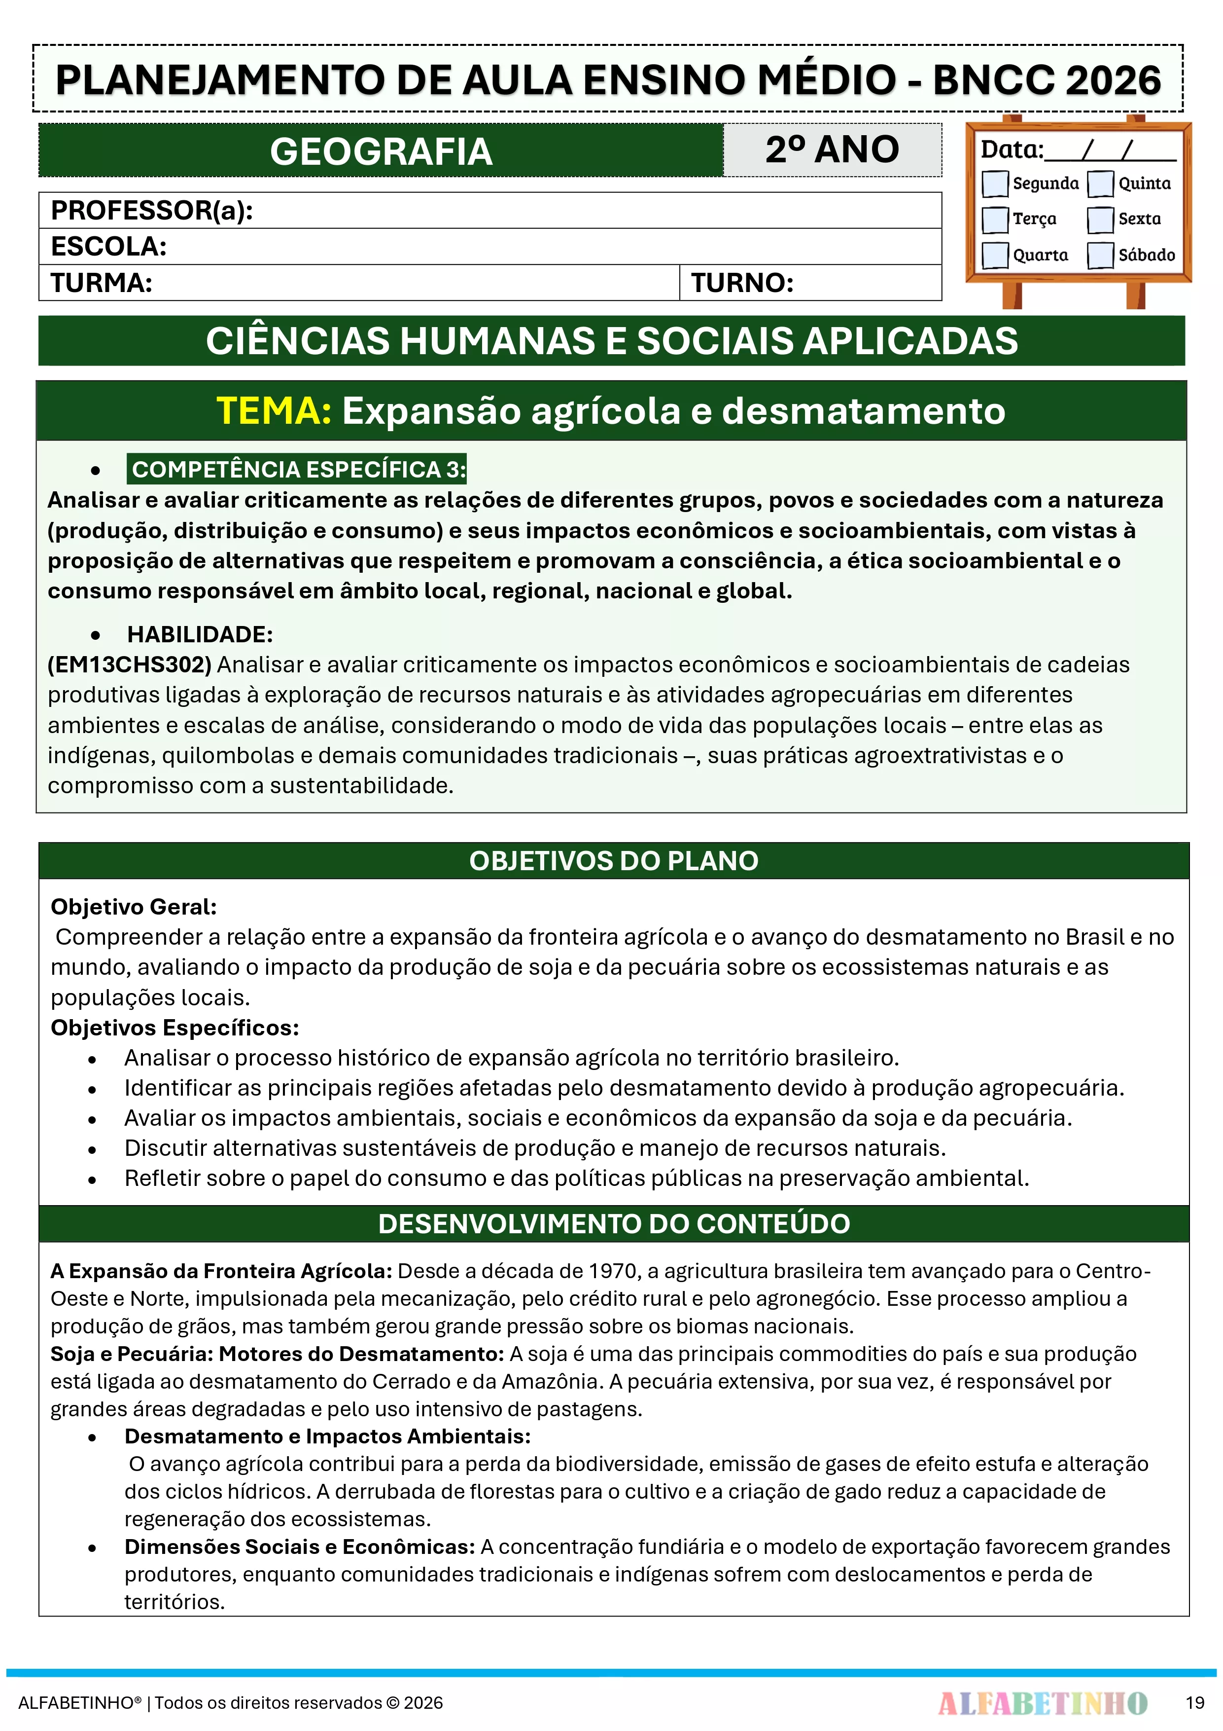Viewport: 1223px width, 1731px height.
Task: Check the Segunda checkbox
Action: (995, 183)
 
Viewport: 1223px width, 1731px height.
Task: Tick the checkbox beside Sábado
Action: (1100, 255)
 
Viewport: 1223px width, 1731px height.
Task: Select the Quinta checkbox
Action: (1100, 183)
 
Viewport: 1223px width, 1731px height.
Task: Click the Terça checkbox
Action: (995, 220)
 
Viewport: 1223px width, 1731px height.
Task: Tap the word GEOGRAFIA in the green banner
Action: (381, 151)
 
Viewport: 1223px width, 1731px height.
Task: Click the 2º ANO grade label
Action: (832, 149)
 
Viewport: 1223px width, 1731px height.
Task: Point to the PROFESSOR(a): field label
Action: (151, 210)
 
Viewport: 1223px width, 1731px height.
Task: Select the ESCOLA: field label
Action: (108, 247)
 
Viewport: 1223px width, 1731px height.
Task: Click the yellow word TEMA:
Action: (274, 411)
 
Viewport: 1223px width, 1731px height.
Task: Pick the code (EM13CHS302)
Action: (130, 664)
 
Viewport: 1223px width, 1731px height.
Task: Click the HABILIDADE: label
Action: (200, 634)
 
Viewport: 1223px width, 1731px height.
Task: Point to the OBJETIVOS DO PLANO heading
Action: (613, 860)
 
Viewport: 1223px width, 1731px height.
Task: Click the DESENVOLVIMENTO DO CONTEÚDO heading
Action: (613, 1223)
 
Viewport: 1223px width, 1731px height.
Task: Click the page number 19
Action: (1194, 1702)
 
